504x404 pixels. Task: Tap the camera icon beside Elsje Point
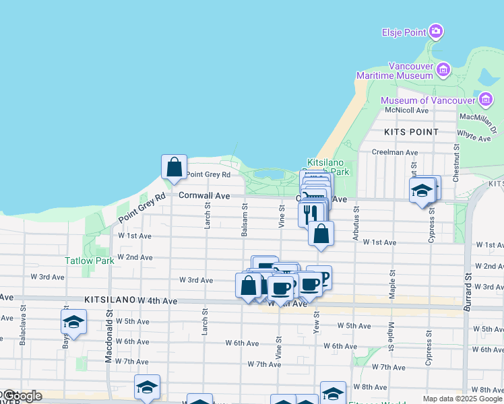pyautogui.click(x=436, y=32)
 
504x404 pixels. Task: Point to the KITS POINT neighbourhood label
pyautogui.click(x=411, y=132)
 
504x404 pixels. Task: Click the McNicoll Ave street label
pyautogui.click(x=406, y=110)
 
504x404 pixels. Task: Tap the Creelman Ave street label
pyautogui.click(x=395, y=153)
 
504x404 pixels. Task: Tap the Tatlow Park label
pyautogui.click(x=90, y=261)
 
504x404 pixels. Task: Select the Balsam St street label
pyautogui.click(x=245, y=221)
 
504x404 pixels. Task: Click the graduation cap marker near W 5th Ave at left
pyautogui.click(x=73, y=323)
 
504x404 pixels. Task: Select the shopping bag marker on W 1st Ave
pyautogui.click(x=321, y=234)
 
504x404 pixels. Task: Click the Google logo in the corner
pyautogui.click(x=21, y=397)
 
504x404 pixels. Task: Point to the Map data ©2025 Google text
pyautogui.click(x=462, y=399)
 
